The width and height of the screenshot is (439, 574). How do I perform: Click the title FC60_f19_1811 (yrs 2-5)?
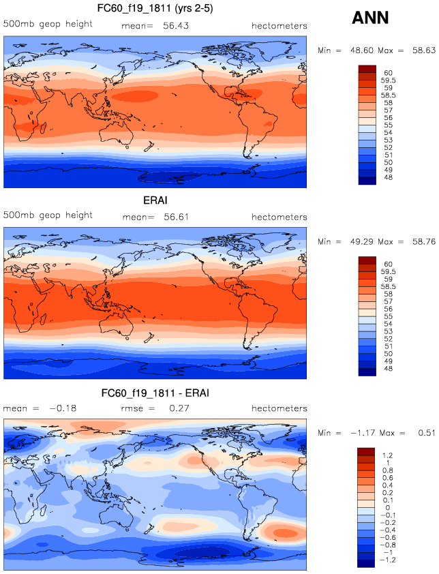coord(155,7)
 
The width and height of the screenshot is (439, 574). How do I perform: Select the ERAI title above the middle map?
coord(155,202)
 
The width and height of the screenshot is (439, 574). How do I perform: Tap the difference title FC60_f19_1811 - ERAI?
coord(155,394)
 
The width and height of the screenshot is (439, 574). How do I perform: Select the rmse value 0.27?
coord(176,408)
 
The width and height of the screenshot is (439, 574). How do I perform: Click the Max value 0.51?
coord(421,434)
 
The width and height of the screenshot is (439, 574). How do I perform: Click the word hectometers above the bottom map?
coord(279,408)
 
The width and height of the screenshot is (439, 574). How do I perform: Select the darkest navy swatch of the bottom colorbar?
coord(367,564)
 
